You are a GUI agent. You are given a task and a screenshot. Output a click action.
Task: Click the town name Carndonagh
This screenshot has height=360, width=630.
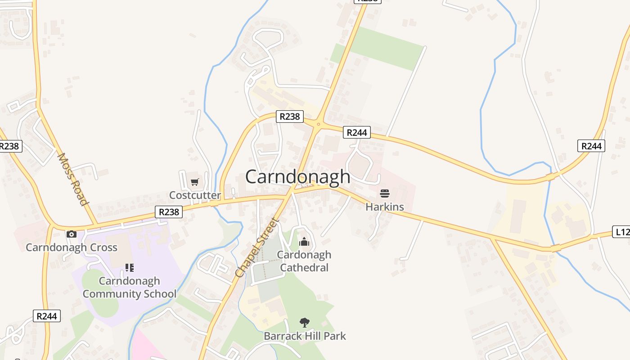click(x=297, y=176)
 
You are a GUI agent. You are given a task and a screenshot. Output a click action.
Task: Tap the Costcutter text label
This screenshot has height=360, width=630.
click(x=195, y=195)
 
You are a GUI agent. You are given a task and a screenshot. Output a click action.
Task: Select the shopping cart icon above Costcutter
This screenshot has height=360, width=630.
click(x=194, y=182)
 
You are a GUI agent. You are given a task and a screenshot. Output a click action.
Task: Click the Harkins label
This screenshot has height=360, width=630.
click(x=384, y=207)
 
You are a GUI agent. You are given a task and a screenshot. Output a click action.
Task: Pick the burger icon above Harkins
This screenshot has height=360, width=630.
click(x=384, y=193)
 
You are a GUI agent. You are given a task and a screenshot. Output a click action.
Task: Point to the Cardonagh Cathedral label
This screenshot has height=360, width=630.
click(x=304, y=261)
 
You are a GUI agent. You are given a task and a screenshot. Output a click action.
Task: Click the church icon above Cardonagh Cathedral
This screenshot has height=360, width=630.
click(x=304, y=242)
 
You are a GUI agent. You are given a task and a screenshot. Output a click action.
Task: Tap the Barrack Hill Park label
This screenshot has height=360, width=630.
click(x=305, y=336)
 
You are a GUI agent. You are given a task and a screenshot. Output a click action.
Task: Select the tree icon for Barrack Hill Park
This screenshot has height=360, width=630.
click(x=305, y=322)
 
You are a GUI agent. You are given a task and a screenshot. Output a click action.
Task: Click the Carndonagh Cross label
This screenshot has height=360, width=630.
click(x=72, y=247)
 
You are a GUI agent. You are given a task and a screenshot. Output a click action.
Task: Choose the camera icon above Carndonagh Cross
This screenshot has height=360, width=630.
click(x=72, y=234)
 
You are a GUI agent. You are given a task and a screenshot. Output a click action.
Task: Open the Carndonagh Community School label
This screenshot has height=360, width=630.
click(x=130, y=288)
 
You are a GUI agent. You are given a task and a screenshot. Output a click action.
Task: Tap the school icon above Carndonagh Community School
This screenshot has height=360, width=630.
click(x=130, y=268)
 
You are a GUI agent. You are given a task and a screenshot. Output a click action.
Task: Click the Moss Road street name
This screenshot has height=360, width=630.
click(x=72, y=179)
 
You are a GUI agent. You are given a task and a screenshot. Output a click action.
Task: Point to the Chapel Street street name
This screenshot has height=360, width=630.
click(x=257, y=248)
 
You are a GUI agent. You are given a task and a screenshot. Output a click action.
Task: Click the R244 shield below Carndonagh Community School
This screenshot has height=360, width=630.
click(x=47, y=316)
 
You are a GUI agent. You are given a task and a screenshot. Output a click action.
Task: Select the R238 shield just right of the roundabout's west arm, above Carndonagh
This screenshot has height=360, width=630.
click(x=289, y=117)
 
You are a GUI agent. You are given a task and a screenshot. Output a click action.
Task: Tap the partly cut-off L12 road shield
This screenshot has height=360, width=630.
click(x=622, y=232)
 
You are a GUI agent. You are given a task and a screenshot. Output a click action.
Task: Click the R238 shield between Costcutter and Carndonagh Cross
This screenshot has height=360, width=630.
click(x=169, y=211)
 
